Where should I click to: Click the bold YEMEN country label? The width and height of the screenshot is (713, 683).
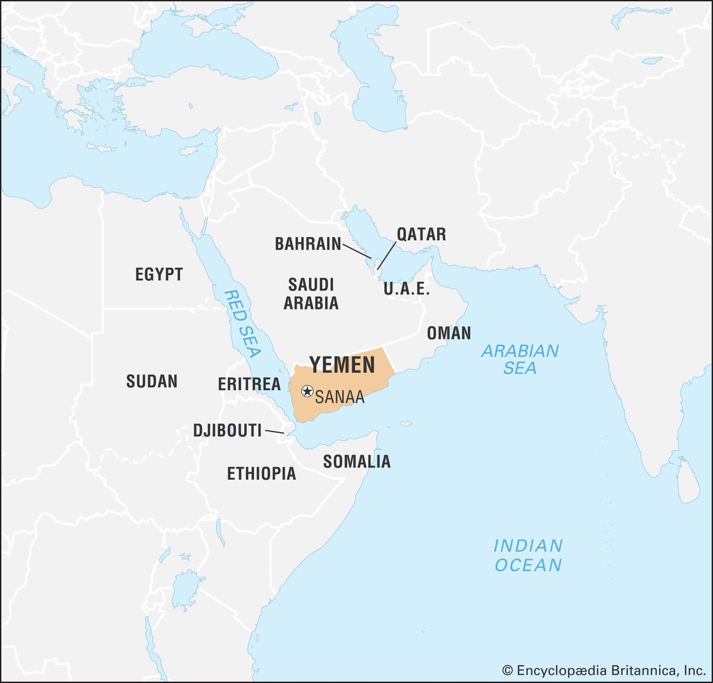(342, 365)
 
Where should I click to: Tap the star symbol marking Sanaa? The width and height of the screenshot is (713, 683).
(307, 391)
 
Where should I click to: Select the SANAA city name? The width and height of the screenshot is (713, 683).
(340, 397)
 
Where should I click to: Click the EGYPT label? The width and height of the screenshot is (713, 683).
(159, 274)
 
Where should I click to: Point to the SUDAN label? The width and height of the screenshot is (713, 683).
(152, 382)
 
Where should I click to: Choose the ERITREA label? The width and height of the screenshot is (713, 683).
(249, 384)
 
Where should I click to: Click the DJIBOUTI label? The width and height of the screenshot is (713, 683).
(227, 431)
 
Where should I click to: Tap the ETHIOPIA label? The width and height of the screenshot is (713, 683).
(262, 473)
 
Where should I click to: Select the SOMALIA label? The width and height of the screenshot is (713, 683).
(356, 462)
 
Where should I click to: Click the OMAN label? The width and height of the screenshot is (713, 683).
(449, 333)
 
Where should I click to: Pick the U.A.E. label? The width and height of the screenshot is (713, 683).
(406, 289)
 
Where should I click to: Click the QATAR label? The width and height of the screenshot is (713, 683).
(421, 235)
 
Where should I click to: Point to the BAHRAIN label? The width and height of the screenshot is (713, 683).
(308, 244)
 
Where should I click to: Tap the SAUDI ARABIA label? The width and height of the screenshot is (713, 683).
(311, 294)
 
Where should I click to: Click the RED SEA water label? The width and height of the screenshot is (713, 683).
(242, 324)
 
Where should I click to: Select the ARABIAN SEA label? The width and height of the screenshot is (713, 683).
(520, 359)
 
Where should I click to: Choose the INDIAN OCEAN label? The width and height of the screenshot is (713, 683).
(528, 555)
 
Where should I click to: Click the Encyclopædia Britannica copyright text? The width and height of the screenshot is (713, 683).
(604, 670)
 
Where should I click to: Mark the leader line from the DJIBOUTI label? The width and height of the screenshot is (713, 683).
(275, 432)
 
